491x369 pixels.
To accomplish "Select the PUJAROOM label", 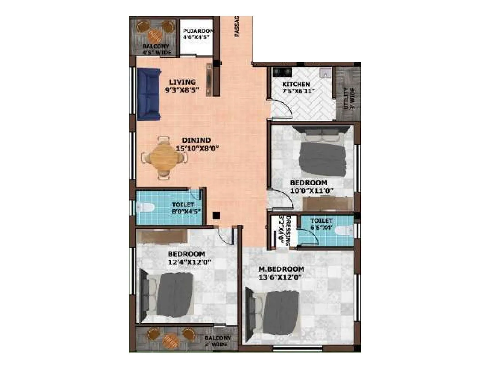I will click(x=198, y=31).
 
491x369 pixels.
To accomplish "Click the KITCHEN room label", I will click(x=296, y=84).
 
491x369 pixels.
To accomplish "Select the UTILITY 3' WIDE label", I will click(x=349, y=98).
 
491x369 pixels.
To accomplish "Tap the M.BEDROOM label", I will click(x=281, y=269).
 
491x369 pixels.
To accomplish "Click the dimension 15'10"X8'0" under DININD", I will click(x=197, y=148).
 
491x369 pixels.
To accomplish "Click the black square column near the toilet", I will click(x=216, y=216).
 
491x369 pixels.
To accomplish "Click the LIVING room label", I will click(x=183, y=82).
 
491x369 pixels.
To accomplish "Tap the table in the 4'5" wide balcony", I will click(x=155, y=37).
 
